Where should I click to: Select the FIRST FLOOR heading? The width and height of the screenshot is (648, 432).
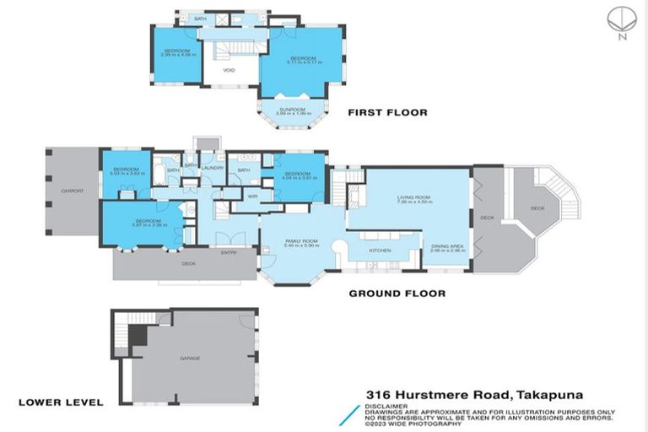point(388,112)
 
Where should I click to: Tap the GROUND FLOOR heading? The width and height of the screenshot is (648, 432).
point(397,294)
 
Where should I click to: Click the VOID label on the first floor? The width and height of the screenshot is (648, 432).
point(229,71)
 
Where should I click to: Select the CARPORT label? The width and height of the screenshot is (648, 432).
point(73,192)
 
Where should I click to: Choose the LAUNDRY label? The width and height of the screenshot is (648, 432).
point(211,168)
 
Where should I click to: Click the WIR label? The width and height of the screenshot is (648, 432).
point(252,196)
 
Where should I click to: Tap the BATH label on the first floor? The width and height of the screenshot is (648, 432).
point(200,18)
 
